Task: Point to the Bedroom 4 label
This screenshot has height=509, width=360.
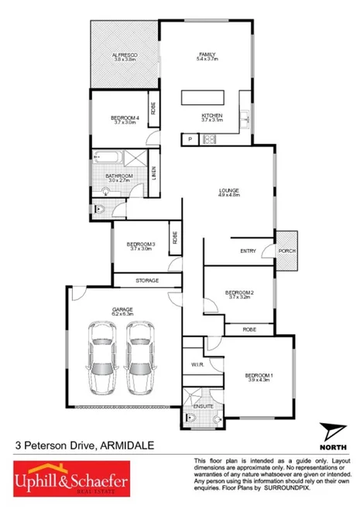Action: coord(124,120)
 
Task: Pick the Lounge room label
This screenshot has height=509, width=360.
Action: coord(228,193)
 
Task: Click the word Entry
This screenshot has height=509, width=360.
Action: coord(248,250)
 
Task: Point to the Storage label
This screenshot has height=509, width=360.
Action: coord(147,279)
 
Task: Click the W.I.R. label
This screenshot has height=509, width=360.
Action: coord(197,364)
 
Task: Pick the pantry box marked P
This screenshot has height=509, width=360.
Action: coord(190,139)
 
